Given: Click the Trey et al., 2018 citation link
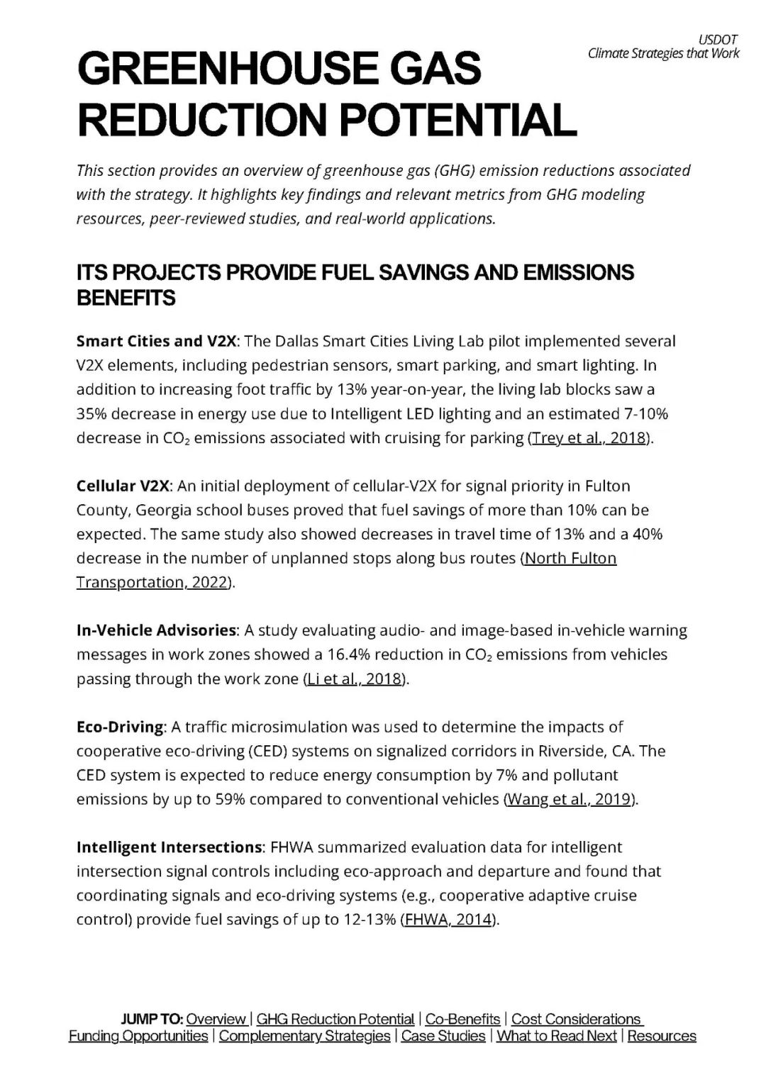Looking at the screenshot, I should [589, 438].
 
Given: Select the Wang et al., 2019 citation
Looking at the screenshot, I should [570, 800].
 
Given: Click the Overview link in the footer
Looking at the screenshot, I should [216, 1020].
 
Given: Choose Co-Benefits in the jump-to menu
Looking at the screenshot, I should [462, 1020].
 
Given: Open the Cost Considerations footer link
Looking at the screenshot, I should [576, 1020].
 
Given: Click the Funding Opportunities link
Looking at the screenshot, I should [138, 1037].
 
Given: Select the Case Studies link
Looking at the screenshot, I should [443, 1037].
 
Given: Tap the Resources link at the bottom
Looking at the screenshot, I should [662, 1037].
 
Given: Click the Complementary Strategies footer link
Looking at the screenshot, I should [304, 1037].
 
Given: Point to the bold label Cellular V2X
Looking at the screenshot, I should [123, 486].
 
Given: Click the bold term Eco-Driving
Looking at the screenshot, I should [120, 727].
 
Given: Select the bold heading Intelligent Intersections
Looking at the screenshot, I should [169, 848].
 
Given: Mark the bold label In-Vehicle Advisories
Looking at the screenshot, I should [156, 631].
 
